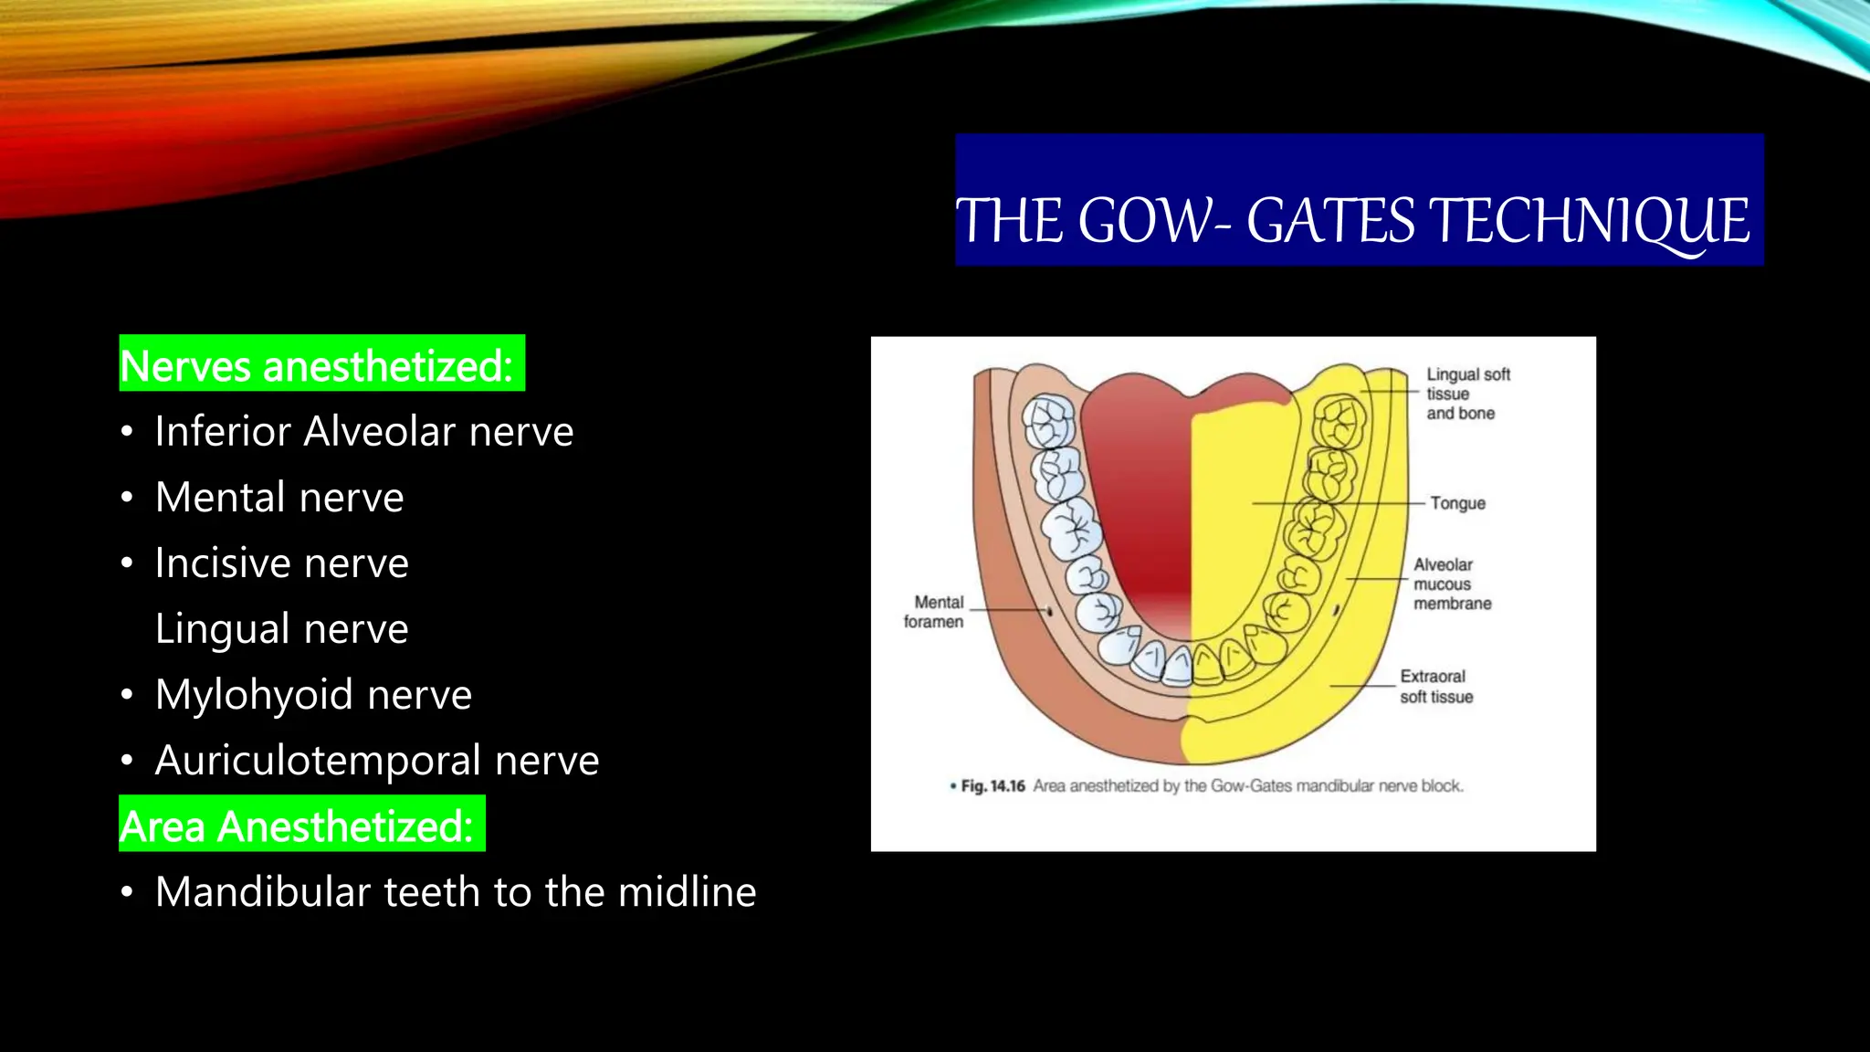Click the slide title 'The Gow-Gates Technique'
1352,221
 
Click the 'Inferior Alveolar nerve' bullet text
363,431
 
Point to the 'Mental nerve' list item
278,498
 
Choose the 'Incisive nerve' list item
281,563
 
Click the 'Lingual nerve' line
281,629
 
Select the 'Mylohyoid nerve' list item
313,695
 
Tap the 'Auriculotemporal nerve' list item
376,761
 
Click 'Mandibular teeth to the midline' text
455,892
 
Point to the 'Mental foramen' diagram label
935,612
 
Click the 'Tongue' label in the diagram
1457,503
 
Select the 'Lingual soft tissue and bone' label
1467,394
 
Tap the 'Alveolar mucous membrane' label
1451,584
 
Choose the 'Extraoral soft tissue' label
1436,687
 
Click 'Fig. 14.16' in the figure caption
993,786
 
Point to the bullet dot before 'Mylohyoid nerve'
127,696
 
